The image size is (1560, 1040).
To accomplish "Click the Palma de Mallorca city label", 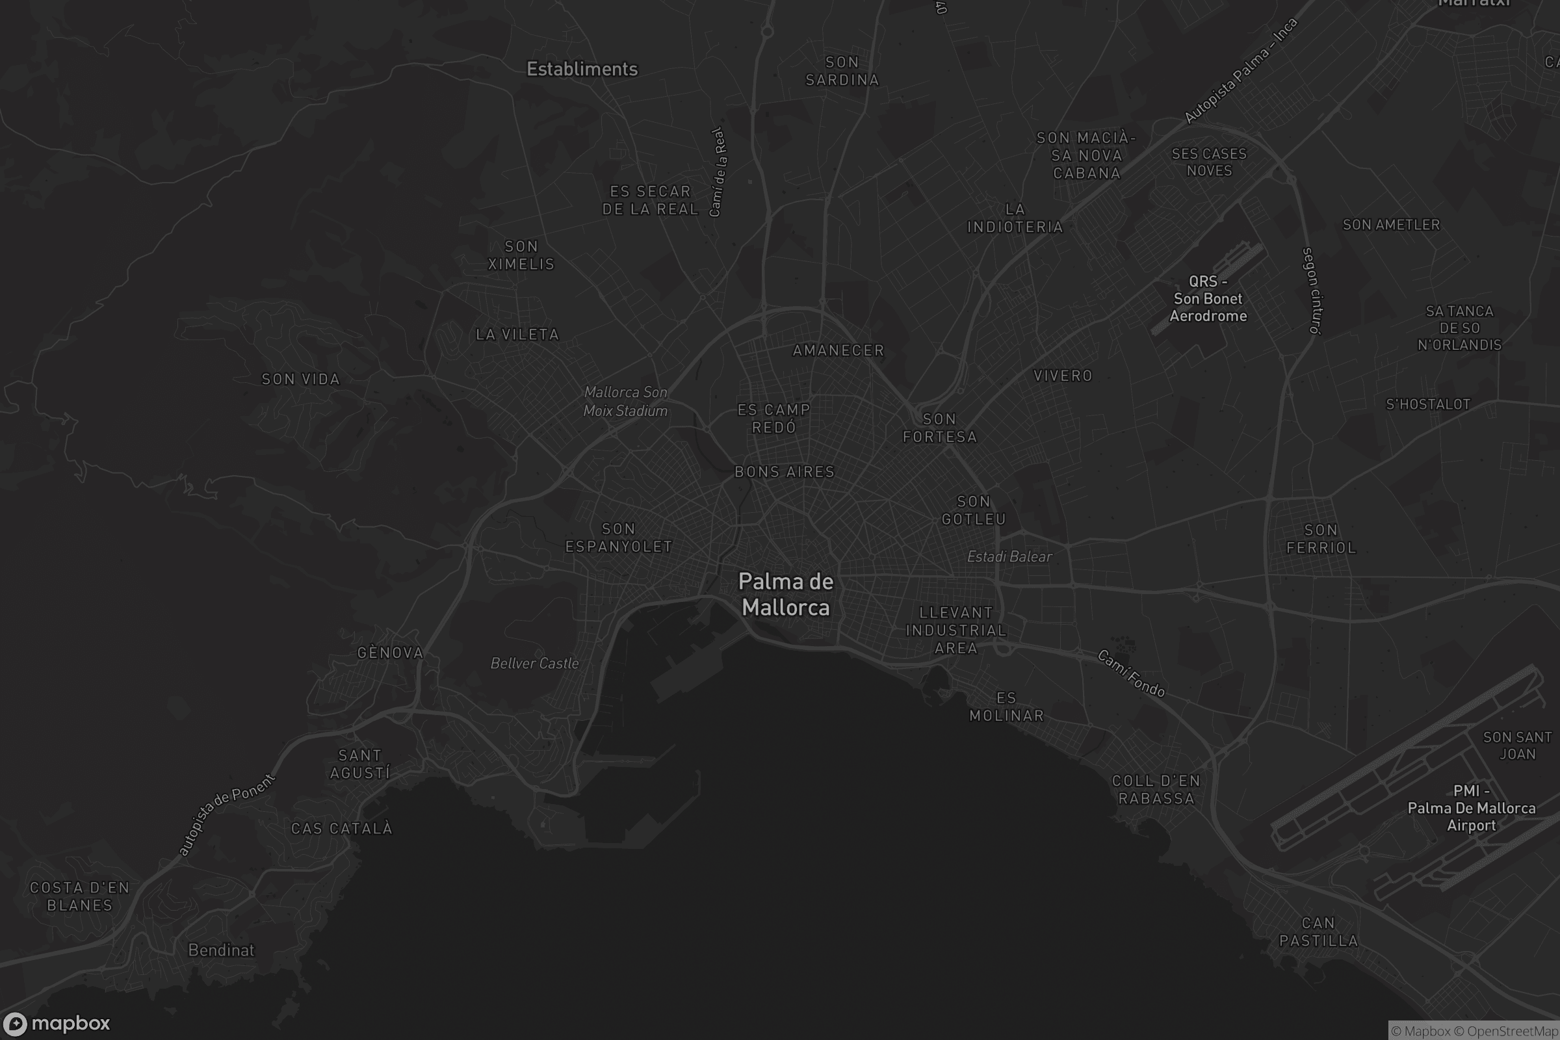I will [x=785, y=594].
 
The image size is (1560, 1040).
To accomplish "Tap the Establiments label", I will [x=582, y=69].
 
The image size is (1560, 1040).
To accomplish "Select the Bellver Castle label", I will [x=534, y=663].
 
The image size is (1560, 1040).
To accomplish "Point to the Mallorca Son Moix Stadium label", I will [x=625, y=401].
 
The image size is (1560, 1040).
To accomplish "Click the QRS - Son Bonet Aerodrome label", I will [x=1208, y=298].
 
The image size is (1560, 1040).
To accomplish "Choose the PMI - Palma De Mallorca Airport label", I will [x=1471, y=808].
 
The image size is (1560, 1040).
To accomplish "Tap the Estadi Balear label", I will [x=1009, y=556].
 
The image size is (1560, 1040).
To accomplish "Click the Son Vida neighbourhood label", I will [x=300, y=380].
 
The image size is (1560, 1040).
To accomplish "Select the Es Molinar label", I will [x=1006, y=707].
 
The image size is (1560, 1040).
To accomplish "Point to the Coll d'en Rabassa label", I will [x=1156, y=789].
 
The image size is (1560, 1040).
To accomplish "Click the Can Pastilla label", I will [x=1318, y=932].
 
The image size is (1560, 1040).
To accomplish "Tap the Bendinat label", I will [x=221, y=950].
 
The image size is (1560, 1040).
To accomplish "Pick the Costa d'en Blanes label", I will [x=79, y=896].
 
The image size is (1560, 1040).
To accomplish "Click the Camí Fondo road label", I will [x=1131, y=674].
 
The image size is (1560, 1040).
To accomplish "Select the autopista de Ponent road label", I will [x=226, y=814].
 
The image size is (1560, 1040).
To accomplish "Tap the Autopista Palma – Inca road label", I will [x=1240, y=71].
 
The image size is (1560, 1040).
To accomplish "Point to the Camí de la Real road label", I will [x=718, y=172].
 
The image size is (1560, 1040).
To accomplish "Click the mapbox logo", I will [x=56, y=1023].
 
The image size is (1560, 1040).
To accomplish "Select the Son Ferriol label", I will [x=1321, y=539].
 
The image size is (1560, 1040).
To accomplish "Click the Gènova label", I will [x=390, y=653].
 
